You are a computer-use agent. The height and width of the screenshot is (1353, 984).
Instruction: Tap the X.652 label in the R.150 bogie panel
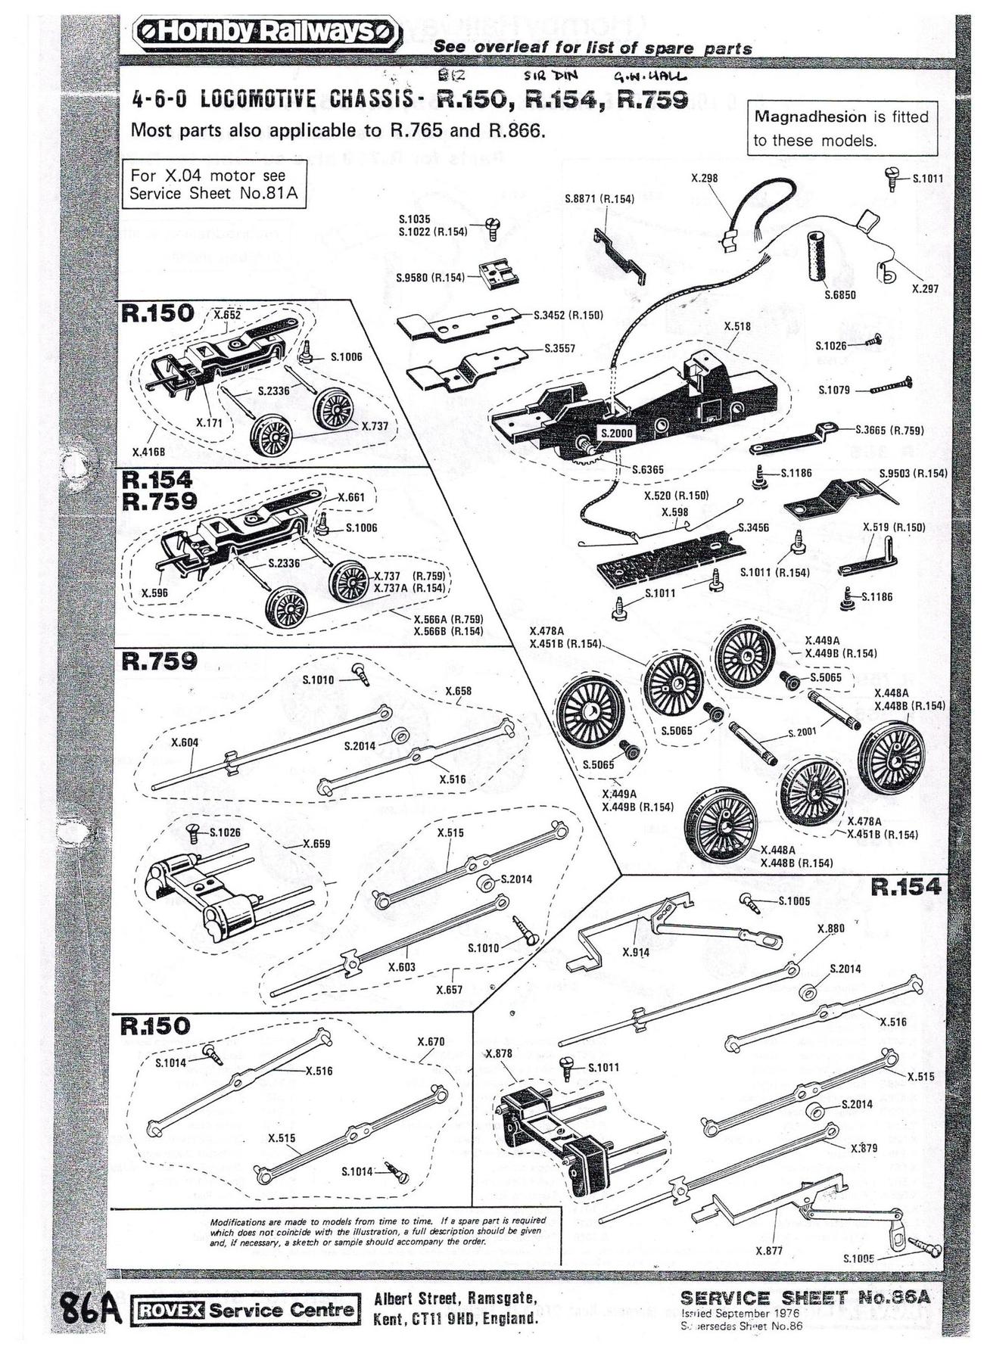pyautogui.click(x=227, y=315)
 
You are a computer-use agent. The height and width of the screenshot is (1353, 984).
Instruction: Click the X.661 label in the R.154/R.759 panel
pyautogui.click(x=351, y=498)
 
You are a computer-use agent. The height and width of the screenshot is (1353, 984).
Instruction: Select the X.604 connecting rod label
pyautogui.click(x=185, y=742)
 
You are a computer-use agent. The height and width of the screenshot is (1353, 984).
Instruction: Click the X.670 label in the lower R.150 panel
pyautogui.click(x=431, y=1042)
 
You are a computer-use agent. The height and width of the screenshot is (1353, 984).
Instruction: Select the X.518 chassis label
pyautogui.click(x=737, y=326)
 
